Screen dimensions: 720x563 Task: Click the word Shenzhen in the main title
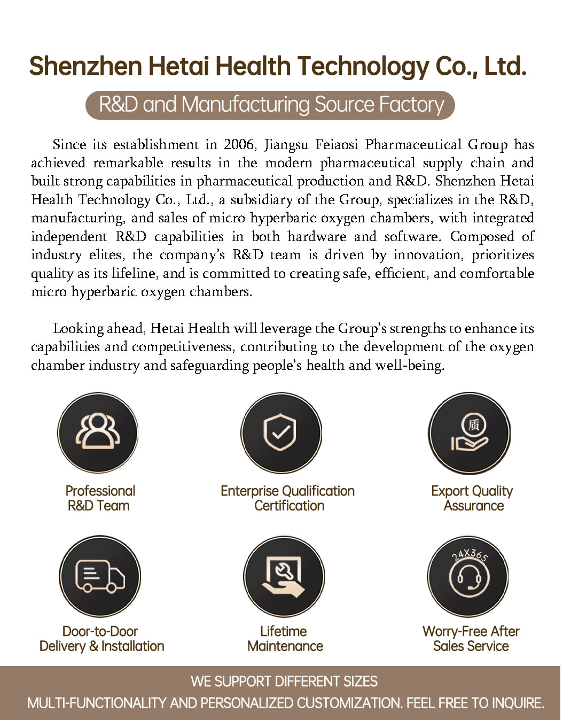85,67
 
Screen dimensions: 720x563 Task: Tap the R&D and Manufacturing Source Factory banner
270,105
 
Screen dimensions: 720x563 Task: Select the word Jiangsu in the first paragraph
286,145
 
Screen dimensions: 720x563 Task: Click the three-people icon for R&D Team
98,432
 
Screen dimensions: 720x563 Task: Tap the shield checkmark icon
281,432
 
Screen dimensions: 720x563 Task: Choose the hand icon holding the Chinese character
470,432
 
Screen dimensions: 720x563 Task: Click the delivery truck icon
99,576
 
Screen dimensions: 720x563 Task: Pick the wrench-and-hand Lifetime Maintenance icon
284,576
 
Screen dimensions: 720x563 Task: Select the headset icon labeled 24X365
468,576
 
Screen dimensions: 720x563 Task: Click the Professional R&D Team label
100,498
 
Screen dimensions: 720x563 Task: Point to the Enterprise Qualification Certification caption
288,498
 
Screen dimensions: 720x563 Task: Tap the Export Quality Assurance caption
472,498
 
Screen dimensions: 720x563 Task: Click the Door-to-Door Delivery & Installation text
101,639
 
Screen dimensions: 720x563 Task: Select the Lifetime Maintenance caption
285,639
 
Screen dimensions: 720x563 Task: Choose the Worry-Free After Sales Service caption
471,639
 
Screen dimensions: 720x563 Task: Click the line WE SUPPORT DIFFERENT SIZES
284,682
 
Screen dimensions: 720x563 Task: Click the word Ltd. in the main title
505,67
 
